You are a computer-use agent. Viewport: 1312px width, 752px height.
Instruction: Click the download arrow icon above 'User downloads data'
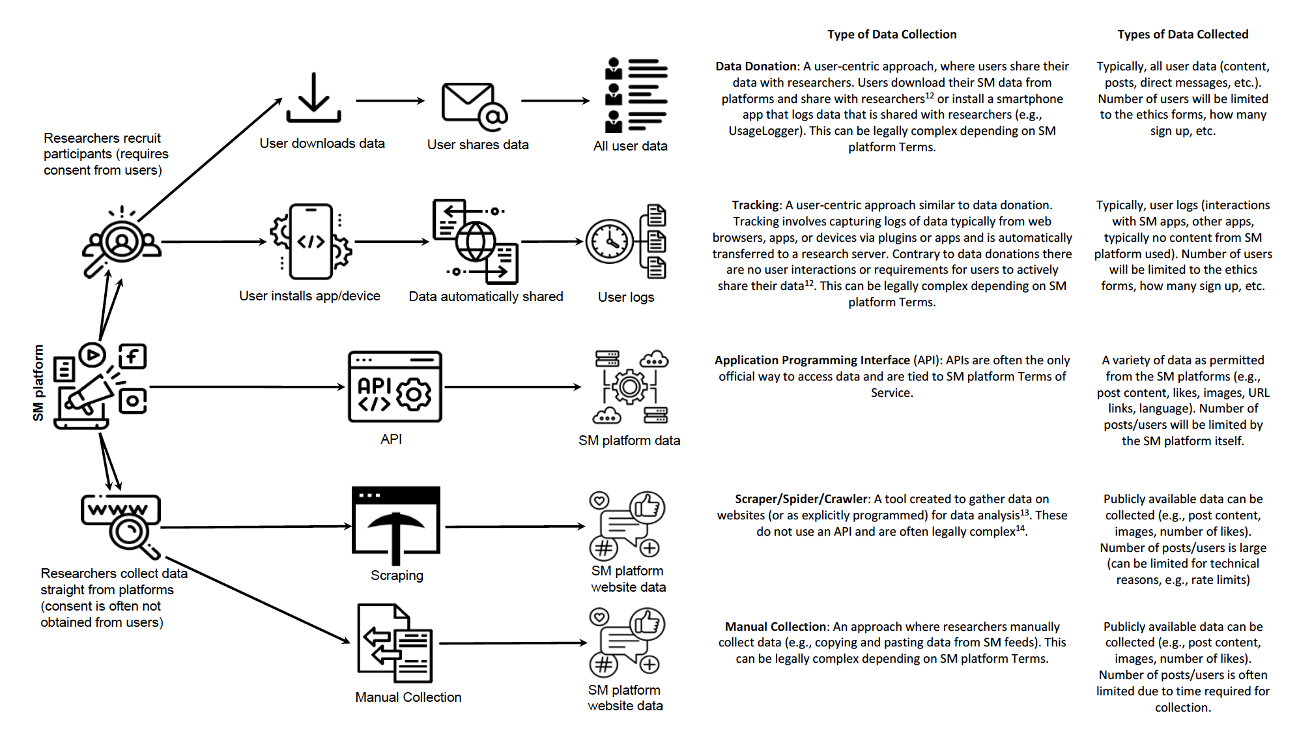[313, 98]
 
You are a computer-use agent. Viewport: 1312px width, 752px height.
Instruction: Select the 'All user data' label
[630, 146]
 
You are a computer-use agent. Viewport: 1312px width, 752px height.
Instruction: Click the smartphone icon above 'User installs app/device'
[311, 242]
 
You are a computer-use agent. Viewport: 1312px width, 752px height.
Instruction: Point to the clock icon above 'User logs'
[610, 242]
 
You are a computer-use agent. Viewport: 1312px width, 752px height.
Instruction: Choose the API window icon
[395, 387]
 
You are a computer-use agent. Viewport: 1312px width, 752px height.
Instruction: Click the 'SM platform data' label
[629, 441]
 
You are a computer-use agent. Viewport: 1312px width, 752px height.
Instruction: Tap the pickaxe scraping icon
[395, 525]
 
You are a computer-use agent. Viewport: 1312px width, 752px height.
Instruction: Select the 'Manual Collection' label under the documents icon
[408, 697]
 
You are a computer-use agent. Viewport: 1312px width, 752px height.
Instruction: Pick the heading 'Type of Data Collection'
[891, 35]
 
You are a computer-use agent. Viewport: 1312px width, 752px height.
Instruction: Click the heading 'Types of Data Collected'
[1182, 35]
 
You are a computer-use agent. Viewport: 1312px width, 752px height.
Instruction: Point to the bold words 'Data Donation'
[756, 66]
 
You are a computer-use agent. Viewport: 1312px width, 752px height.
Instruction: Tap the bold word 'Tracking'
[755, 205]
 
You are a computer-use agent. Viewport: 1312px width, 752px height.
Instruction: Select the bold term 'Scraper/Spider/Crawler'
[801, 499]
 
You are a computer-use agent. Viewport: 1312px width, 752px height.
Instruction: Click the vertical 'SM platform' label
[38, 383]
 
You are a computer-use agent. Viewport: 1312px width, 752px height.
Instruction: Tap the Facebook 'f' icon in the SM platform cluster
[133, 356]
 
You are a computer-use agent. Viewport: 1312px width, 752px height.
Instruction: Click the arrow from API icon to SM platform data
[512, 387]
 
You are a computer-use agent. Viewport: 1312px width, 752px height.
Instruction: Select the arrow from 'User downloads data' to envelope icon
[390, 101]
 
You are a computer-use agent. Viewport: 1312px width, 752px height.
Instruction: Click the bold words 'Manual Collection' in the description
[775, 627]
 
